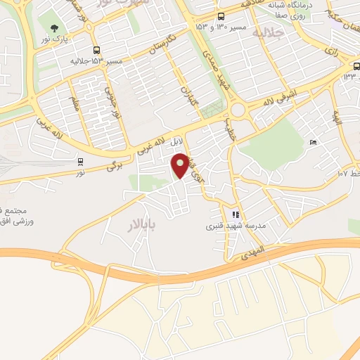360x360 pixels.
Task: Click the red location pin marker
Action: tap(181, 165)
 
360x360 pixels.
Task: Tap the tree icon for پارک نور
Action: tap(55, 28)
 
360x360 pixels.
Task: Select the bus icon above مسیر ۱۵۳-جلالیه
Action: tap(96, 50)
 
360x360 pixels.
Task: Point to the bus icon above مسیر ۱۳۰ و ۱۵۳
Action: tap(221, 16)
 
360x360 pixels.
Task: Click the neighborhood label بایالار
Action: tap(144, 224)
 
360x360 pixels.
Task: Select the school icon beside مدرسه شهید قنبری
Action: tap(236, 214)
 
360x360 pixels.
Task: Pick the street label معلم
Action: tap(75, 103)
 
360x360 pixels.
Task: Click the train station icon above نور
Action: tap(81, 161)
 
